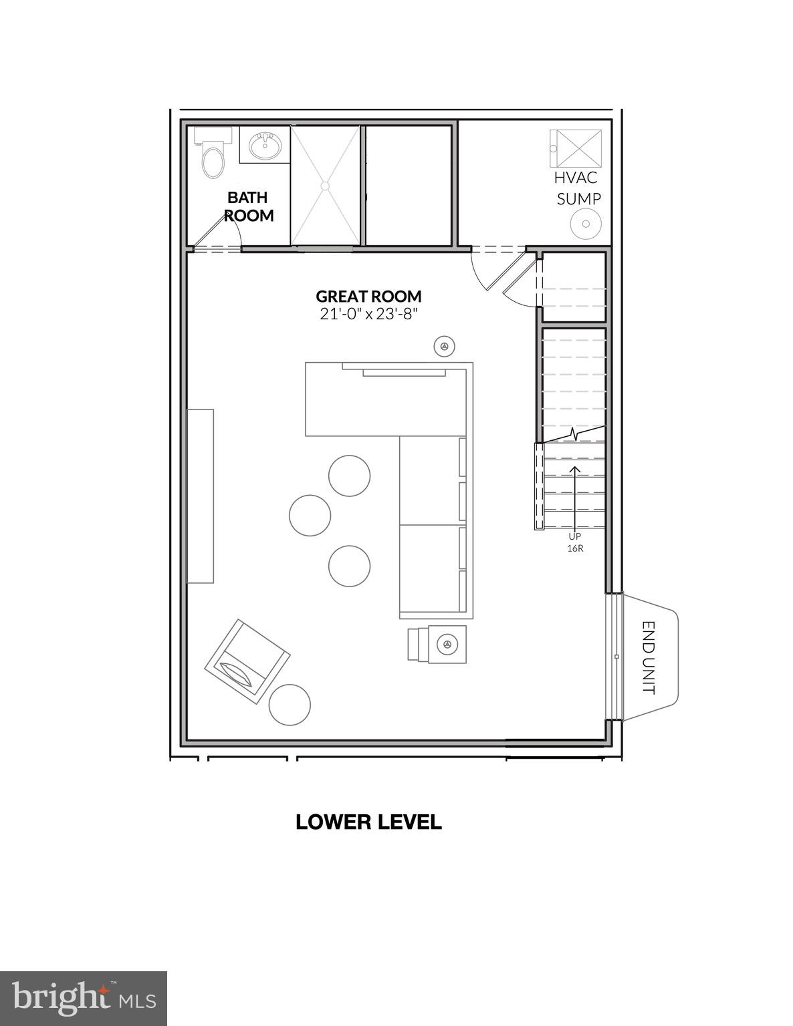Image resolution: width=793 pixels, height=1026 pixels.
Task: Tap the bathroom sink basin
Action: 265,145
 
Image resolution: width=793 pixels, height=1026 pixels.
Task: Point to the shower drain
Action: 326,185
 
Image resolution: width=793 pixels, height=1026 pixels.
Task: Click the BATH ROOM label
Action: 248,206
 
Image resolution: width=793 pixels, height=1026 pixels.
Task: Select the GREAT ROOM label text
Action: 368,296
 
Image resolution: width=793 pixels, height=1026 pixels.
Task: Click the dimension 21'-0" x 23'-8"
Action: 368,314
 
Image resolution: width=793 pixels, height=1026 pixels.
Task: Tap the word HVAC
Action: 575,178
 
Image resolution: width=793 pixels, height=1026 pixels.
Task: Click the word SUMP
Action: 579,198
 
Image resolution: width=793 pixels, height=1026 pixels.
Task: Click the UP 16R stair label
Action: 575,542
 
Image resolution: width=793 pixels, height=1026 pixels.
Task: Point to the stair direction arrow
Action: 574,494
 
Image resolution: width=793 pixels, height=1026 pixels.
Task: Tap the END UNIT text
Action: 649,657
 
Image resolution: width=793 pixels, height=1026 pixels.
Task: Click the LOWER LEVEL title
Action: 368,822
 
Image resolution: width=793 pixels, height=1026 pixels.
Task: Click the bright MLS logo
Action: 83,998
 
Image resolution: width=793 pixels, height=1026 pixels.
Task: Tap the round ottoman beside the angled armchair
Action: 290,705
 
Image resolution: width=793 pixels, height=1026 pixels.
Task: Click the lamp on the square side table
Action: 446,645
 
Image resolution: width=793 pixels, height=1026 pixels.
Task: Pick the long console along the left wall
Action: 200,496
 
